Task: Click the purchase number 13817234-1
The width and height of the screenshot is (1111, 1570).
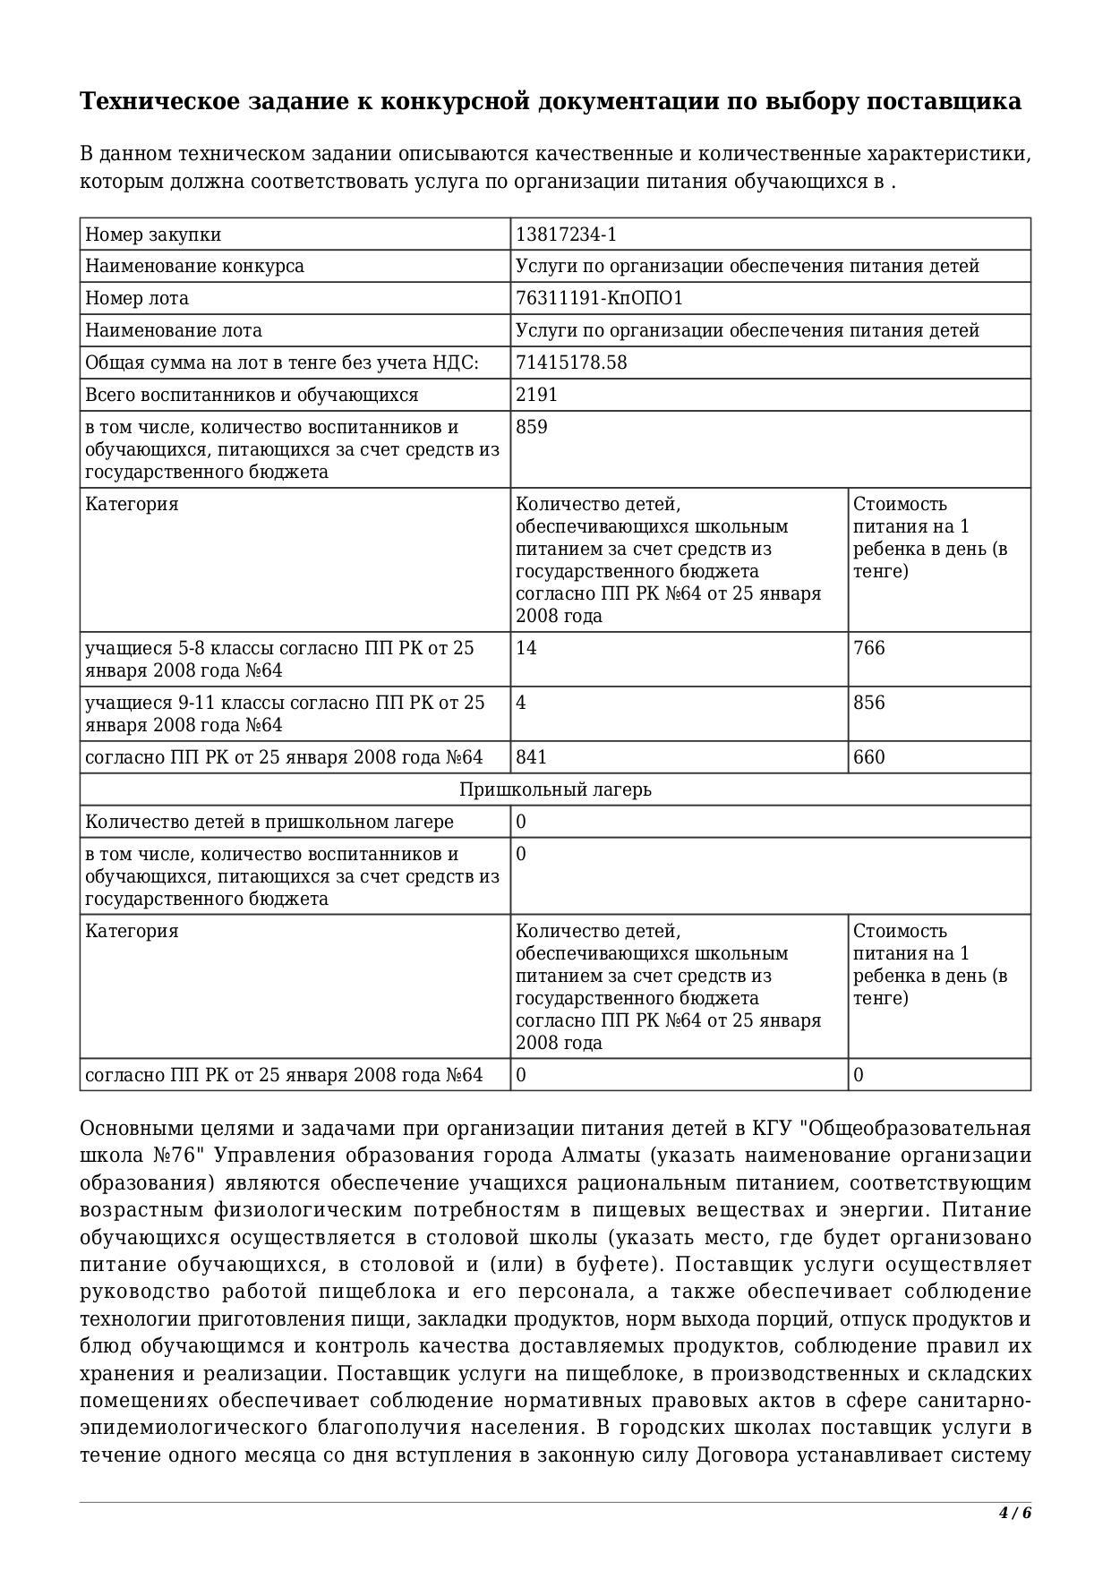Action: point(566,235)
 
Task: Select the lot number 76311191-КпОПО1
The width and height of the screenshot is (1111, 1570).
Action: point(599,298)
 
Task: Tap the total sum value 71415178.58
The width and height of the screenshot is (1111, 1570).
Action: point(571,363)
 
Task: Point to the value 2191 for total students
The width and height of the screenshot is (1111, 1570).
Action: point(536,395)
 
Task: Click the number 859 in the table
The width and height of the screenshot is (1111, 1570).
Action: point(532,427)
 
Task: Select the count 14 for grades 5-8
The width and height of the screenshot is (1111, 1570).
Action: point(526,648)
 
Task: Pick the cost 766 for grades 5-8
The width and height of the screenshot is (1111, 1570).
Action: point(868,648)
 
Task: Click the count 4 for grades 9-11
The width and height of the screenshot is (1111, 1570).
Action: point(521,703)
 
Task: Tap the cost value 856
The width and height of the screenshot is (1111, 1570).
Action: point(868,703)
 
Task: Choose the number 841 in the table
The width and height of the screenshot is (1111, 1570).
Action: point(532,757)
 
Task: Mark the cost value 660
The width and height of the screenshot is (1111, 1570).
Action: point(868,757)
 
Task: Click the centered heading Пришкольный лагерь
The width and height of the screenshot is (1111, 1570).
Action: point(555,789)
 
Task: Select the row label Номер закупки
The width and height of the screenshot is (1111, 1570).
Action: point(153,235)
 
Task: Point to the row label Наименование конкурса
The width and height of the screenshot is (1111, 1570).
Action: point(194,266)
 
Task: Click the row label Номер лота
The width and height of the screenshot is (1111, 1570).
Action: point(137,298)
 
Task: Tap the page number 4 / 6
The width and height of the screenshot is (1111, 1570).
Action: point(1015,1514)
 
